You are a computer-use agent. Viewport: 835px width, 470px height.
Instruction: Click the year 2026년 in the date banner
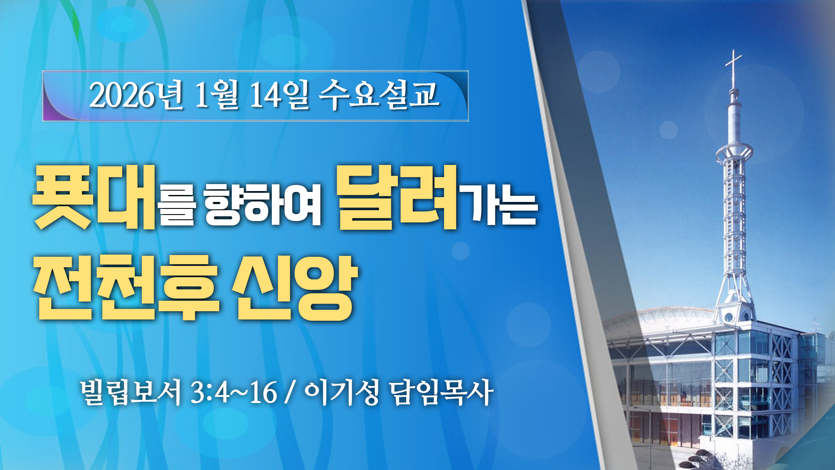click(x=136, y=95)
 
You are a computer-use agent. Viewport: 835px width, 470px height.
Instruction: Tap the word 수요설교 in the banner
click(x=379, y=94)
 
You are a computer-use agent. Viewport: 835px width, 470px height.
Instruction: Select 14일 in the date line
click(x=279, y=95)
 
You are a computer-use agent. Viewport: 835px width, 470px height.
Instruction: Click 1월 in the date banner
click(x=216, y=95)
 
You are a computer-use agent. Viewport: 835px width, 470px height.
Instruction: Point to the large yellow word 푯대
click(x=94, y=197)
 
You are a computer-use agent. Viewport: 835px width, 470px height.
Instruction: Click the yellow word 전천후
click(x=126, y=288)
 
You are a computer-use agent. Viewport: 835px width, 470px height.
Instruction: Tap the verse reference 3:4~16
click(x=234, y=393)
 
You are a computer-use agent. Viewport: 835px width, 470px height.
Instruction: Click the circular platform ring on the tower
click(x=735, y=152)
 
